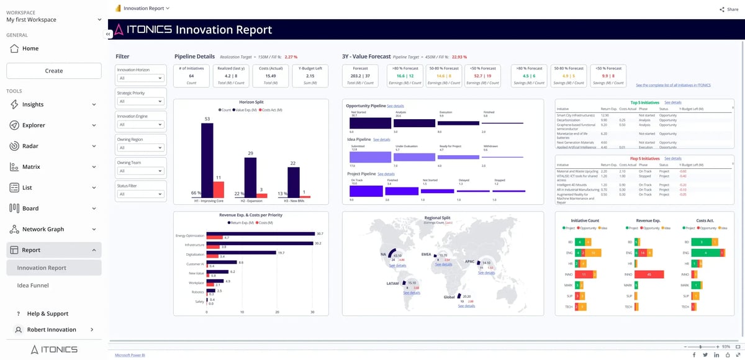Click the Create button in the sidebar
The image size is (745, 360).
pyautogui.click(x=53, y=71)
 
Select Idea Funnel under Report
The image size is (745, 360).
pyautogui.click(x=33, y=286)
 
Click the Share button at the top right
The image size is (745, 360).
pyautogui.click(x=729, y=9)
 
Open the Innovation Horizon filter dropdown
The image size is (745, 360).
pyautogui.click(x=141, y=78)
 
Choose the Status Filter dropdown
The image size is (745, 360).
pyautogui.click(x=141, y=194)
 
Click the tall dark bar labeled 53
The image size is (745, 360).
pyautogui.click(x=207, y=160)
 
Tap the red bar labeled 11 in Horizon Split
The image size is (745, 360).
pyautogui.click(x=218, y=189)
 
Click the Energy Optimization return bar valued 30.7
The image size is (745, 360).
pyautogui.click(x=261, y=234)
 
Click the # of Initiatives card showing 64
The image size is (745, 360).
pyautogui.click(x=191, y=76)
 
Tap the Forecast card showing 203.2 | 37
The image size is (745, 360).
pyautogui.click(x=360, y=76)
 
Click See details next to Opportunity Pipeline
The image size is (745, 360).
pyautogui.click(x=395, y=106)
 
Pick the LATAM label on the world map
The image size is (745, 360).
pyautogui.click(x=392, y=282)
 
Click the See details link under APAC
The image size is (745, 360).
pyautogui.click(x=486, y=272)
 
